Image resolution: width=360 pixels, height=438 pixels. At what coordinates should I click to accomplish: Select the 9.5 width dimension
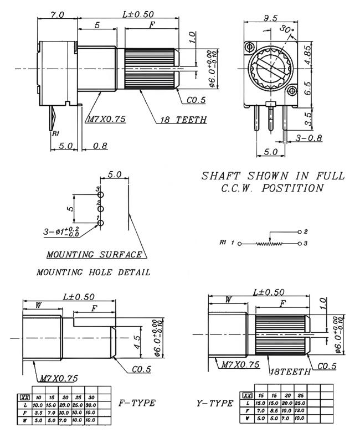coord(271,18)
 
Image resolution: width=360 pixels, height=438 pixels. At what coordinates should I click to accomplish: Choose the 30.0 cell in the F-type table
coord(91,406)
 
